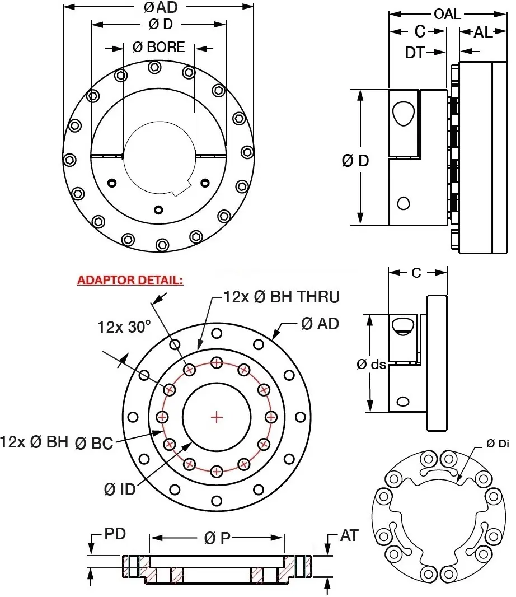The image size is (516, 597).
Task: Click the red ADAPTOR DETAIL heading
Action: click(129, 279)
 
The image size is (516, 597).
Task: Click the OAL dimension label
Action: click(447, 14)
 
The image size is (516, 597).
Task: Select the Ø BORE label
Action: click(158, 47)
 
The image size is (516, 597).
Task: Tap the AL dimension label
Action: click(483, 32)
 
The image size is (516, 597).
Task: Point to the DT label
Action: click(415, 53)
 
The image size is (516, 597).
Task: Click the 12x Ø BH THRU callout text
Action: click(282, 296)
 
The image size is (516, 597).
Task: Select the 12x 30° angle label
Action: click(124, 327)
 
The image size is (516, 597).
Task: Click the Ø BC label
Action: click(93, 444)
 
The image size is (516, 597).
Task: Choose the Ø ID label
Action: click(120, 489)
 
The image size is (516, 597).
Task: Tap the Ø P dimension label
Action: click(217, 538)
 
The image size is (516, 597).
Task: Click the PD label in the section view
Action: click(115, 533)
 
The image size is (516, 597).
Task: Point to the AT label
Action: click(349, 536)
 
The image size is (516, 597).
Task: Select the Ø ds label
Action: click(371, 364)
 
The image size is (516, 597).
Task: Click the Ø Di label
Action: click(498, 444)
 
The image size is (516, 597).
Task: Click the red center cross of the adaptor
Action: click(217, 417)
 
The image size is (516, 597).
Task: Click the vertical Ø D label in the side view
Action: click(355, 161)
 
